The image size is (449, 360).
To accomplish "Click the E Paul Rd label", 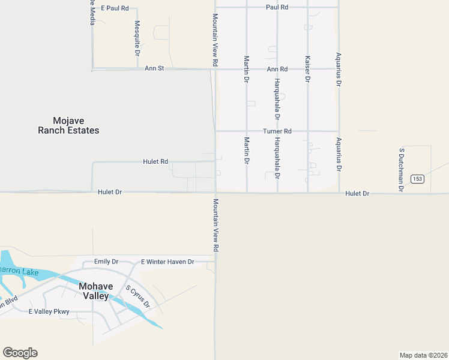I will coord(115,8).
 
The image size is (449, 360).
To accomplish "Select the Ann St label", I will coord(154,69).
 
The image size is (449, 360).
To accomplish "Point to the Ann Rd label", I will coord(277,69).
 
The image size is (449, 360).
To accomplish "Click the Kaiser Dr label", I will coord(308,69).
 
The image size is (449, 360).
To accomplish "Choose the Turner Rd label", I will coord(277,131).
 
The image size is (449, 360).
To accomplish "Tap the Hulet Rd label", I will coord(155,162).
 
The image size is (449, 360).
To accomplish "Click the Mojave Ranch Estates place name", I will coord(68,125).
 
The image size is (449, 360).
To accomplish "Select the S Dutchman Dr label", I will coord(402,170).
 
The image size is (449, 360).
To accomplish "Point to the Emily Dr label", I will coord(106,262).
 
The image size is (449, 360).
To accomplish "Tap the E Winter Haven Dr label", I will coord(167,262).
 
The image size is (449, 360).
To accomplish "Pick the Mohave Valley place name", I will coord(94,291).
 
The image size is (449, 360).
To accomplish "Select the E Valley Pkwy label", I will coord(49,311).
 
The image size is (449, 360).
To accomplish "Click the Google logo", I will coord(20,353).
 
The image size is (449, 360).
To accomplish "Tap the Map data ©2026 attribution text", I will coord(423,355).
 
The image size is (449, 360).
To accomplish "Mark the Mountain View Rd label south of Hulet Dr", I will coord(215,225).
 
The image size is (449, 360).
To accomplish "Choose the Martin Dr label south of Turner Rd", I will coord(247,152).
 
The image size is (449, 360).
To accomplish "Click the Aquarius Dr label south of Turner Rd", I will coord(339,155).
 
